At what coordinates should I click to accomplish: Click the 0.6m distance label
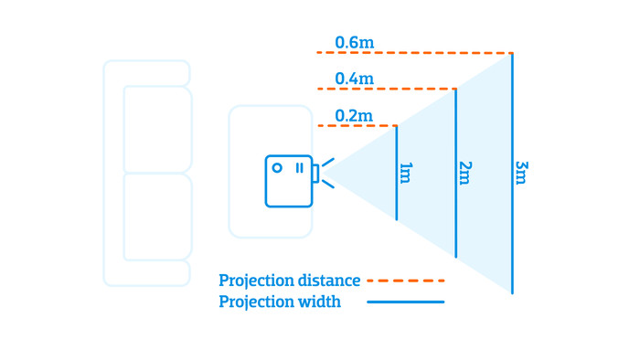pyautogui.click(x=354, y=42)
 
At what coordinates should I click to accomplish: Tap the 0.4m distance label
pyautogui.click(x=354, y=79)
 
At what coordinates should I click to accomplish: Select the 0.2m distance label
pyautogui.click(x=354, y=115)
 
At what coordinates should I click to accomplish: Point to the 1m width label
pyautogui.click(x=406, y=173)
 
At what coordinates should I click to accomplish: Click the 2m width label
pyautogui.click(x=465, y=173)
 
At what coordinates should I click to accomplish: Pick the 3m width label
pyautogui.click(x=521, y=173)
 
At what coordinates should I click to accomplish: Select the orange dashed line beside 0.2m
pyautogui.click(x=366, y=125)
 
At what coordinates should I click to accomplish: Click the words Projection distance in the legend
pyautogui.click(x=289, y=281)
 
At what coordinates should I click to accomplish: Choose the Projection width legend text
pyautogui.click(x=280, y=302)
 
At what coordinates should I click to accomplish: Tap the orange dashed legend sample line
pyautogui.click(x=405, y=281)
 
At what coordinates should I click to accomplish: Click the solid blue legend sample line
pyautogui.click(x=405, y=302)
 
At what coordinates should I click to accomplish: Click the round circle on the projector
pyautogui.click(x=277, y=168)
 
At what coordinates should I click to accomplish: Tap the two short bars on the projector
pyautogui.click(x=299, y=168)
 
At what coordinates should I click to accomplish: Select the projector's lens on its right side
pyautogui.click(x=315, y=173)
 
